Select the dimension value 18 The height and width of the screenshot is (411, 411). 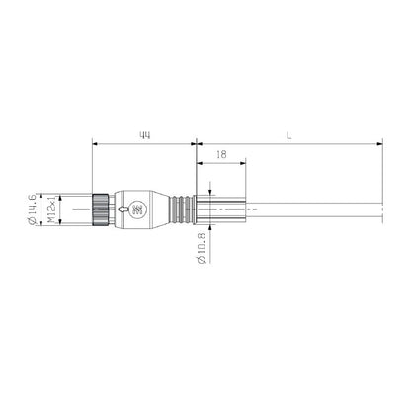click(222, 155)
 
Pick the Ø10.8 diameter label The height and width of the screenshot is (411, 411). click(202, 246)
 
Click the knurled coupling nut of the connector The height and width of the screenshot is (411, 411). click(101, 208)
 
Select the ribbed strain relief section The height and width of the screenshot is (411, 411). click(177, 208)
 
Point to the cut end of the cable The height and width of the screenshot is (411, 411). click(380, 208)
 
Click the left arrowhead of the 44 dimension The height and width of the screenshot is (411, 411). click(94, 144)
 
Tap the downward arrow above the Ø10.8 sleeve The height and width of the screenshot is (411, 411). click(212, 189)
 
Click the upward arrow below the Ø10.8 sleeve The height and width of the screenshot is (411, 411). click(212, 228)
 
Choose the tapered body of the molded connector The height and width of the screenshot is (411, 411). click(148, 208)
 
